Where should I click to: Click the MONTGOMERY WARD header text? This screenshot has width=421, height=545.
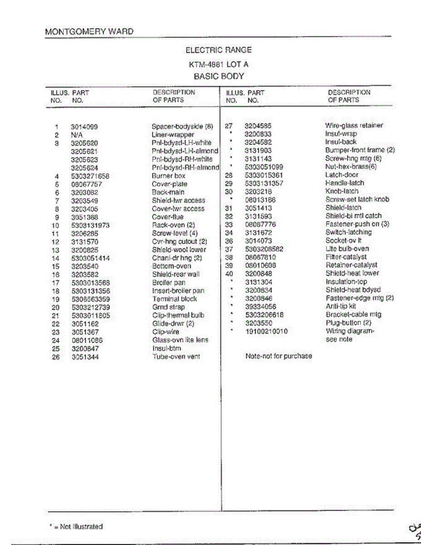coord(89,32)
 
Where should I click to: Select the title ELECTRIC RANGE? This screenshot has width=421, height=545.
coord(218,50)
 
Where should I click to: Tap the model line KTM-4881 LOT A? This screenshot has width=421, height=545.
coord(218,64)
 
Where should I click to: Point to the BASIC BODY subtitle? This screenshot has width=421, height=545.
coord(218,76)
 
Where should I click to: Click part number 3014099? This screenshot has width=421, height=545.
coord(84,127)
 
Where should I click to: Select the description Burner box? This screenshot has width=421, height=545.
coord(168,176)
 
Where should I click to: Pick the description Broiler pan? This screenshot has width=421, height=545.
coord(169,282)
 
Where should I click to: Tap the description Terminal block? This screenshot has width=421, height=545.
coord(175,299)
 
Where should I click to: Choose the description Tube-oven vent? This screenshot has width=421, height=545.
coord(176,357)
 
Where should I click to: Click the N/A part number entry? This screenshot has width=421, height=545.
coord(76,135)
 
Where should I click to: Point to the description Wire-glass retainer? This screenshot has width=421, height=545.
coord(354,125)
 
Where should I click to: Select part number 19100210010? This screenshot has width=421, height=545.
coord(266,332)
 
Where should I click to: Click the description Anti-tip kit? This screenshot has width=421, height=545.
coord(341,306)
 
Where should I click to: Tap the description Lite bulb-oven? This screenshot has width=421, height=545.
coord(347,249)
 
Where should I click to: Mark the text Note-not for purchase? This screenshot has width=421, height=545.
coord(278,356)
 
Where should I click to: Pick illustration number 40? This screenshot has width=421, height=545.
coord(229,273)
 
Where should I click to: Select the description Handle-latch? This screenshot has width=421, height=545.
coord(344,183)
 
